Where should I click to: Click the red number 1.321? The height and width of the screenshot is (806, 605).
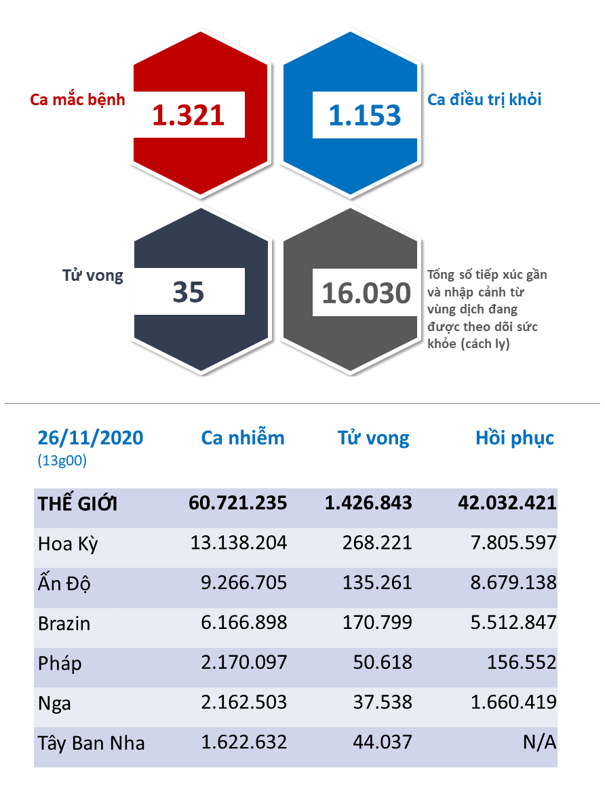click(x=188, y=115)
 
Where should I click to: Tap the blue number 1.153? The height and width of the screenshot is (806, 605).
click(x=365, y=115)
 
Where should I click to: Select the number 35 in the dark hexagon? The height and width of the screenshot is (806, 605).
click(x=189, y=292)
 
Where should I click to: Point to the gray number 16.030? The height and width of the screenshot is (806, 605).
click(x=366, y=293)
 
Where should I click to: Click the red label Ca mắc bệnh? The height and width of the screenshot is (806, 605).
click(x=77, y=99)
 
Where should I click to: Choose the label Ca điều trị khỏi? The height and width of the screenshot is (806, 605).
click(x=484, y=99)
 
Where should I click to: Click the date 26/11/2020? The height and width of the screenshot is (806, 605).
click(x=90, y=438)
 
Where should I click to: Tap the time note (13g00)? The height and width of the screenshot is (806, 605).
click(x=62, y=460)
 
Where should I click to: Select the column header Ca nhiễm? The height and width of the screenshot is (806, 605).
click(x=243, y=438)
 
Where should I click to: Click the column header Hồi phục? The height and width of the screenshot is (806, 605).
click(x=515, y=438)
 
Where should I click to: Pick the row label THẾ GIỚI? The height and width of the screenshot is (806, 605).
click(x=77, y=503)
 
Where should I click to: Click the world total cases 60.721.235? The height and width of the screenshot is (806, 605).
click(x=237, y=503)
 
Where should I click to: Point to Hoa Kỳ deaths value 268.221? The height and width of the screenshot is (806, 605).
click(x=377, y=543)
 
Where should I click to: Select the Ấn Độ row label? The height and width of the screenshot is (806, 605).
click(x=64, y=583)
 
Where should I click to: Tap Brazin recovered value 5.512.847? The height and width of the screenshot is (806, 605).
click(x=513, y=623)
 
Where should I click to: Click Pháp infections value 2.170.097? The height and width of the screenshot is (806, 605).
click(x=243, y=662)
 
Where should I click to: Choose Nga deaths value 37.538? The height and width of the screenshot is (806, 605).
click(x=383, y=702)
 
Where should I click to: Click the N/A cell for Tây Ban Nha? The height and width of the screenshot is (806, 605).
click(x=540, y=742)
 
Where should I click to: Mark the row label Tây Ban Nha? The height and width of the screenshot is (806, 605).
click(x=92, y=744)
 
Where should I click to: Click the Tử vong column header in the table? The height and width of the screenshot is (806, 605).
click(x=374, y=438)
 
